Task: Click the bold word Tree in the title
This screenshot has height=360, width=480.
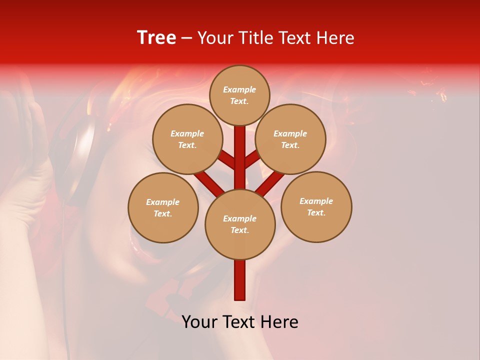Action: pos(156,37)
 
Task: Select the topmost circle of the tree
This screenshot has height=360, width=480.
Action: pos(239,95)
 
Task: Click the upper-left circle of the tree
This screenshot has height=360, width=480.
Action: pos(187,139)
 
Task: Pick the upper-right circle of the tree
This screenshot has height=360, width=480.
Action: pos(290,139)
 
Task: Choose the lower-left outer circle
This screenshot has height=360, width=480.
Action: pos(162,207)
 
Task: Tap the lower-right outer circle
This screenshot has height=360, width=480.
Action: pos(316,206)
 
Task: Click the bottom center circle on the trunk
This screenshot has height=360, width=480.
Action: pos(240,224)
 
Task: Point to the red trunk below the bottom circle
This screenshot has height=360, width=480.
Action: pos(240,280)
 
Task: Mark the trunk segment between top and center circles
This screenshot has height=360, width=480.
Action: pos(240,157)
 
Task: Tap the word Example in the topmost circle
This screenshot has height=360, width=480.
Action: pos(239,89)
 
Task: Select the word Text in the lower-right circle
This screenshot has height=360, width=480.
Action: pos(316,212)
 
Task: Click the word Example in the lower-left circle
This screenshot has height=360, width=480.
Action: pos(162,202)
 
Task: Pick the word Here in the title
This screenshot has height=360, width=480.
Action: pos(336,37)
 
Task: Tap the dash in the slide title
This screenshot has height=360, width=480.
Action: pos(187,38)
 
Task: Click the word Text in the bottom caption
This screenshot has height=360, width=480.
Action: pos(241,321)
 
